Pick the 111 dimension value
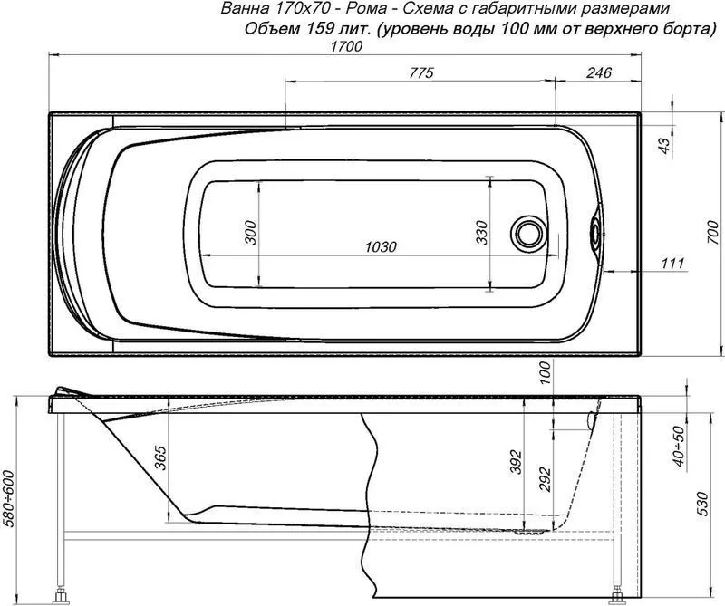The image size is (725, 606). click(x=671, y=263)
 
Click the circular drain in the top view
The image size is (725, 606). click(x=529, y=233)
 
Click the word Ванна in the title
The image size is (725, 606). click(x=243, y=9)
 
